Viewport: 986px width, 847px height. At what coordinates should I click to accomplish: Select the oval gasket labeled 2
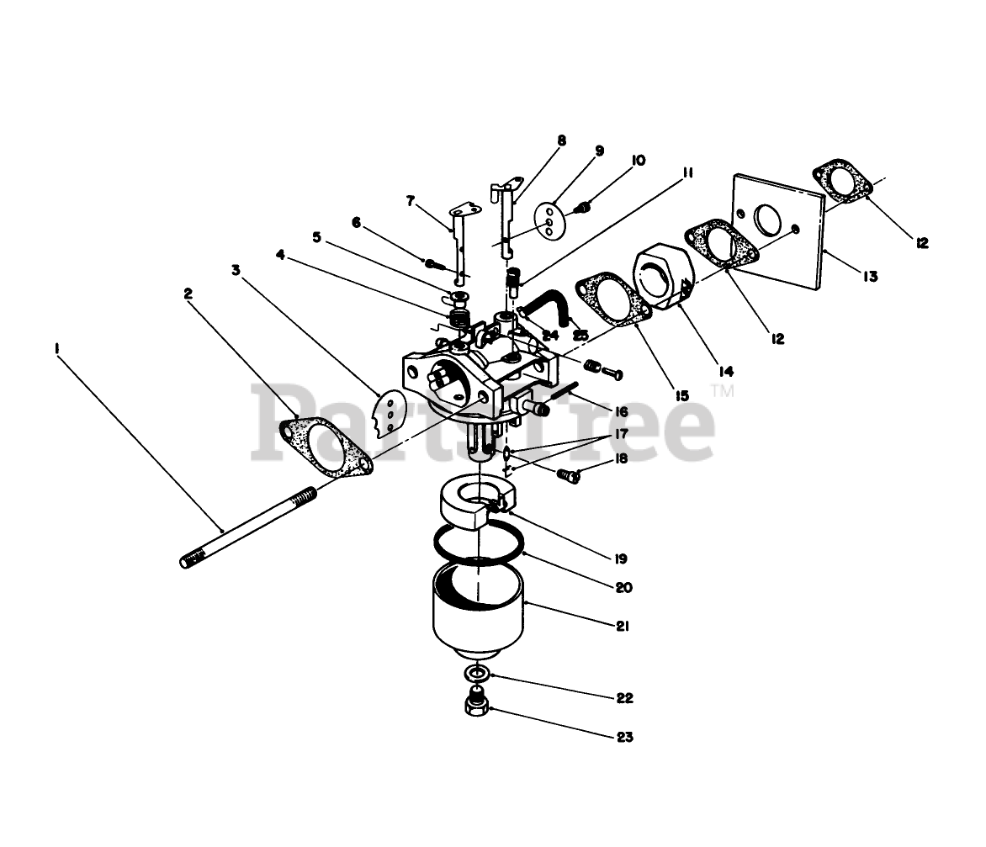[x=325, y=443]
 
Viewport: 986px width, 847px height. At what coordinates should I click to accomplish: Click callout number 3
[x=236, y=270]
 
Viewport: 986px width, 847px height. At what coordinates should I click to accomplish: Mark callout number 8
[x=561, y=140]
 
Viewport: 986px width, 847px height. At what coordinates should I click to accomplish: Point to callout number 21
[x=623, y=627]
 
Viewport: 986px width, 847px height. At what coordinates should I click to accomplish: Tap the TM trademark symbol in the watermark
[x=722, y=390]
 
